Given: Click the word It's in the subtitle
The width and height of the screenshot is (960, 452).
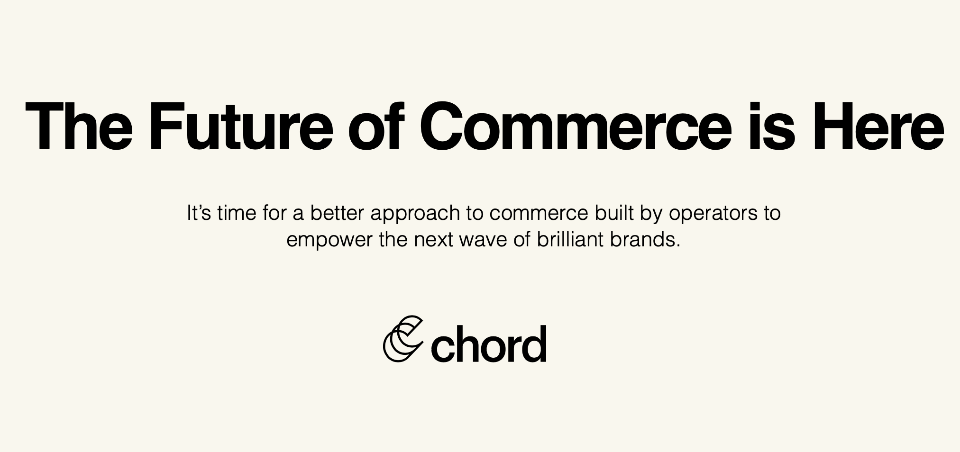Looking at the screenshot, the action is tap(199, 213).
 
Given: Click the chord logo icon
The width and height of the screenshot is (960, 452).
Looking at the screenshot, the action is tap(402, 339).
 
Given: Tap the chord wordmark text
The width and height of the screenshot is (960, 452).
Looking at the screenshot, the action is tap(488, 344).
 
